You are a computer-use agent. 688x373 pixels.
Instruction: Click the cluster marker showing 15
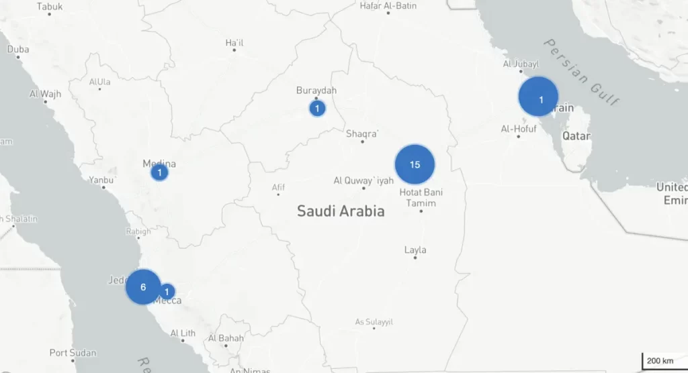click(415, 164)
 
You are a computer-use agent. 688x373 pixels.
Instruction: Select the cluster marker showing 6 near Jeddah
click(143, 286)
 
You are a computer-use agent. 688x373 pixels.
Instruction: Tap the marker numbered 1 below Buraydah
click(317, 108)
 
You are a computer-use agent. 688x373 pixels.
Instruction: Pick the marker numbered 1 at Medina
click(159, 172)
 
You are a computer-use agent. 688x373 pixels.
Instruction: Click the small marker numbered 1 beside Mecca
click(167, 292)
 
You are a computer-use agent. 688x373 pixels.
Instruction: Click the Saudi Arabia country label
click(341, 211)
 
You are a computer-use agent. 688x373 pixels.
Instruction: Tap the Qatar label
click(576, 136)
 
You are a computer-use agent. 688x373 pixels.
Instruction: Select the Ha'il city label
click(234, 43)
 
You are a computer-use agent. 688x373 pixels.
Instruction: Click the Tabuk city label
click(50, 7)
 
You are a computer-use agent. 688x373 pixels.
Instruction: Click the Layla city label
click(415, 250)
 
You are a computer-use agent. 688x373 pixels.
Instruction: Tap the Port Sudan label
click(73, 353)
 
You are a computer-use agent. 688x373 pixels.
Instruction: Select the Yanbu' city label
click(103, 180)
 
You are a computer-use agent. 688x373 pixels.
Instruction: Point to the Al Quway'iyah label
click(363, 180)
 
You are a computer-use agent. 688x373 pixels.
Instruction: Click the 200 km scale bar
click(663, 361)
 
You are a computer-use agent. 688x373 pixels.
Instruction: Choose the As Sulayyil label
click(374, 323)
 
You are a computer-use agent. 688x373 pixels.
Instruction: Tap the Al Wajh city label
click(45, 94)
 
